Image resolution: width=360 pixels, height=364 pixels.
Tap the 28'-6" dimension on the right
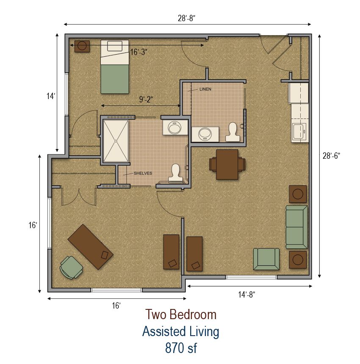tap(331, 155)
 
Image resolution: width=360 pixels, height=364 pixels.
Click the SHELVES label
tap(143, 173)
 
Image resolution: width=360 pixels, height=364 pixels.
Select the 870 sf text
tap(181, 348)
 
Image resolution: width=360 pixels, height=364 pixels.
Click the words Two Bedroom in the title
tap(181, 314)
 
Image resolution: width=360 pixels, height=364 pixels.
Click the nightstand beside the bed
tap(82, 46)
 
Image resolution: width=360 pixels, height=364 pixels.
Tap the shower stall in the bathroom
tap(116, 141)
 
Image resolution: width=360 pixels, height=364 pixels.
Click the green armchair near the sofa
tap(266, 259)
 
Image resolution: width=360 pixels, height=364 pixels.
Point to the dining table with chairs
tap(227, 164)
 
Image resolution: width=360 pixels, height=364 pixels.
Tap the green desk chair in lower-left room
tap(71, 267)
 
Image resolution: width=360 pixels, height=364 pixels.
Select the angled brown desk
tap(91, 246)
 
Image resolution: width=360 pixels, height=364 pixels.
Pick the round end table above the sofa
tap(298, 194)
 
